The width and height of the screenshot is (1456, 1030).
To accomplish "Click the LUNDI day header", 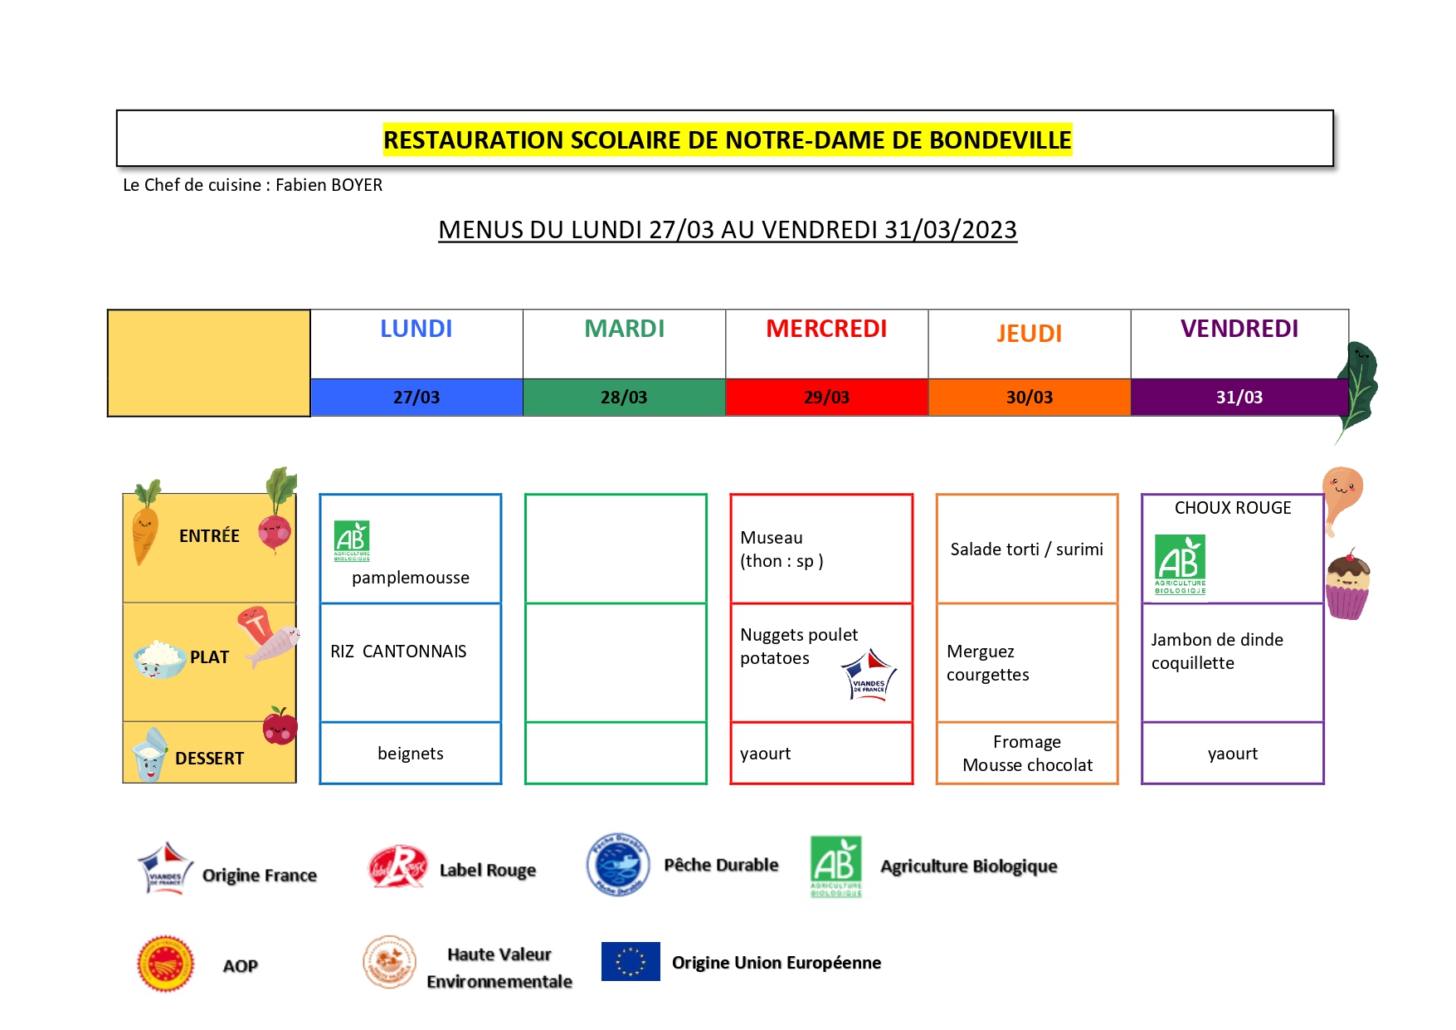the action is click(x=416, y=329).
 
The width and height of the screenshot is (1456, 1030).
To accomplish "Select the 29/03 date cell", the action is click(x=826, y=398).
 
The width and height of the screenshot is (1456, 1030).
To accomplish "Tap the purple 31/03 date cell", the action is click(x=1239, y=398).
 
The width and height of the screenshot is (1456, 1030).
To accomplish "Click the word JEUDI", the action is click(x=1029, y=334).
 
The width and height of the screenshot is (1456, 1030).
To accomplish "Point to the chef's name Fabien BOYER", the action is click(x=329, y=185).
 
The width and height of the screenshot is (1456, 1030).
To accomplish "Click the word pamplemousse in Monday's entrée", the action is click(x=411, y=578).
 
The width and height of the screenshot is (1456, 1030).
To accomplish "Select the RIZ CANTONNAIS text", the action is click(x=398, y=652).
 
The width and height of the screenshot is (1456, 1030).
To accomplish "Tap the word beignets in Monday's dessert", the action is click(x=411, y=754).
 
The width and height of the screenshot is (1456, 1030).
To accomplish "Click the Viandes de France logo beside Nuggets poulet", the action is click(x=869, y=676).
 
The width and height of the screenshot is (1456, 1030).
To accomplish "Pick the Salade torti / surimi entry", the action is click(x=1027, y=549).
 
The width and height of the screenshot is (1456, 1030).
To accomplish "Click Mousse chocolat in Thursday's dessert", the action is click(x=1027, y=765).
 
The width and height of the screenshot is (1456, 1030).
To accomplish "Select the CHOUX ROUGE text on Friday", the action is click(x=1233, y=508).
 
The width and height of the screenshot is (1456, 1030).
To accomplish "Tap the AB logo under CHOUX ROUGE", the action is click(x=1180, y=564).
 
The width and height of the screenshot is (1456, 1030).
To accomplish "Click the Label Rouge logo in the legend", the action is click(x=397, y=867).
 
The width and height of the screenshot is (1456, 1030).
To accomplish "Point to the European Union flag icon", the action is click(x=631, y=962).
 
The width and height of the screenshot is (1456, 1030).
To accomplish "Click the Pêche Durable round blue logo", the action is click(x=618, y=865).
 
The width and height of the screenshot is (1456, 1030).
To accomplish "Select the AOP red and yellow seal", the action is click(x=166, y=964).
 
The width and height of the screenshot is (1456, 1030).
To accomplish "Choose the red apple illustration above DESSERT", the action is click(x=280, y=726).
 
